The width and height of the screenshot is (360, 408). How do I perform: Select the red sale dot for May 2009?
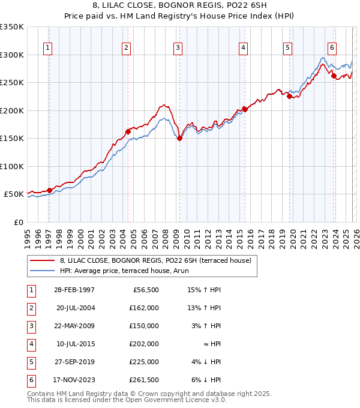point(179,138)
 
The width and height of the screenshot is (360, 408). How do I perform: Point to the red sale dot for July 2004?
point(128,131)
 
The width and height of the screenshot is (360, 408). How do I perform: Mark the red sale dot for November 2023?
point(334,76)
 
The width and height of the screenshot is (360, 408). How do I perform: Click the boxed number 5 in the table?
point(31,362)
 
